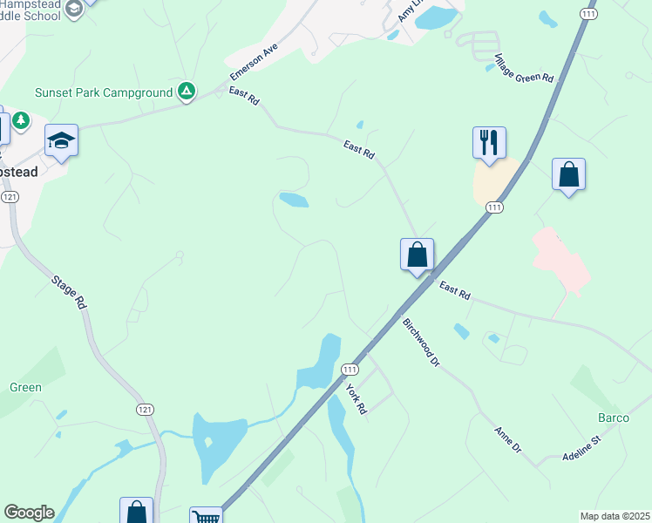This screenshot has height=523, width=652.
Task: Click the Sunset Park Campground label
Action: [104, 92]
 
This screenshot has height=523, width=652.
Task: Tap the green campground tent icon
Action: [186, 91]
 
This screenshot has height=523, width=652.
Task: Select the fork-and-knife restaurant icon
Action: [489, 142]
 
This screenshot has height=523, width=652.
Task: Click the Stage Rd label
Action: [69, 293]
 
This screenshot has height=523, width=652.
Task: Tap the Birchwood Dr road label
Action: [420, 342]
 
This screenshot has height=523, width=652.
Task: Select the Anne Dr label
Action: [506, 439]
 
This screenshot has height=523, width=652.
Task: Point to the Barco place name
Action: [614, 418]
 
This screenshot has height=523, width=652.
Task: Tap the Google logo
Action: [29, 513]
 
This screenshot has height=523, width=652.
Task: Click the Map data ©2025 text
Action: [614, 516]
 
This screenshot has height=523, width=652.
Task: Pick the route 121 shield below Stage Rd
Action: [144, 409]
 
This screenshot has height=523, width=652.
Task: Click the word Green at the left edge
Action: [25, 387]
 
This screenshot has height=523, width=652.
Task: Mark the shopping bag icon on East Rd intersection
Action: [418, 255]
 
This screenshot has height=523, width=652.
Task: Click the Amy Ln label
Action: [405, 11]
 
